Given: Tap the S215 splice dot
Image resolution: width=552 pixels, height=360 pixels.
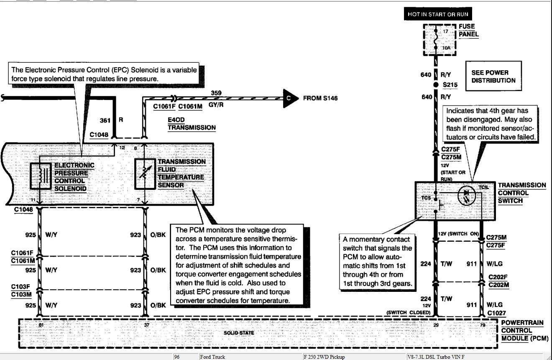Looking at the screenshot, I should tap(436, 85).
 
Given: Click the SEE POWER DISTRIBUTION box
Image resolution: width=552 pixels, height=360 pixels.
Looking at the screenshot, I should tap(493, 77).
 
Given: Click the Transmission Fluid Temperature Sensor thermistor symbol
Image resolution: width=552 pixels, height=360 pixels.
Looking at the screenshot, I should tap(145, 173).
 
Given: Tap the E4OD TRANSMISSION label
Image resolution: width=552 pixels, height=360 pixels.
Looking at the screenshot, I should tap(192, 124).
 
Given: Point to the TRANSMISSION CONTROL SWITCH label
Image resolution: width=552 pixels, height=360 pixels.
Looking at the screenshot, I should tap(521, 193).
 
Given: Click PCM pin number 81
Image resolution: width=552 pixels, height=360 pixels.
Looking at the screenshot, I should tap(41, 324).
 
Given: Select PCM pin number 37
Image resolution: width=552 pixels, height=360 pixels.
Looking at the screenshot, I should tap(146, 324).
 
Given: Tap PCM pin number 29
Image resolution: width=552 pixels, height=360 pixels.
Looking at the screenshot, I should tap(436, 324).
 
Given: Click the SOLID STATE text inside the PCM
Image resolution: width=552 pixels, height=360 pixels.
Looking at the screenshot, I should tap(239, 333).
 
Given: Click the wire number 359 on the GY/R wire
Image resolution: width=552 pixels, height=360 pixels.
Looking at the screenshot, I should tap(216, 93).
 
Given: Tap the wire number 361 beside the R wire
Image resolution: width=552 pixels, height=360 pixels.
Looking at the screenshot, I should tap(105, 120).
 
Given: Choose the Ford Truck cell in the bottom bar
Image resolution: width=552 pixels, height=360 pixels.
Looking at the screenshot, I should tap(212, 357).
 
